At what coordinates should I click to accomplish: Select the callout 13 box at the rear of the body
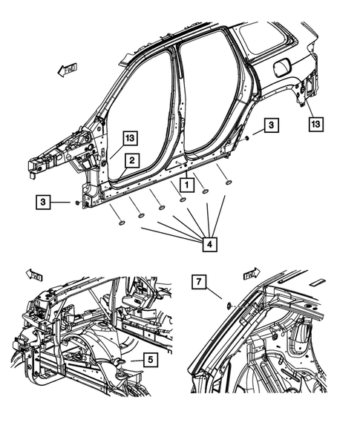[315, 122]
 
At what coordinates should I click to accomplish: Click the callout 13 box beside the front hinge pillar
[130, 137]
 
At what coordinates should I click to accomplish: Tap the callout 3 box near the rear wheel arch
[272, 127]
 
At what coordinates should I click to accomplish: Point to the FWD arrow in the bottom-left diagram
[34, 276]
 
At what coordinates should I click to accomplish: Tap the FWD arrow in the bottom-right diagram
[252, 275]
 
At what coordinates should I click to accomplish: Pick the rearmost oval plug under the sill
[227, 182]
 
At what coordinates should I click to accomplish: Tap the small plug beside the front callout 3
[76, 202]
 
